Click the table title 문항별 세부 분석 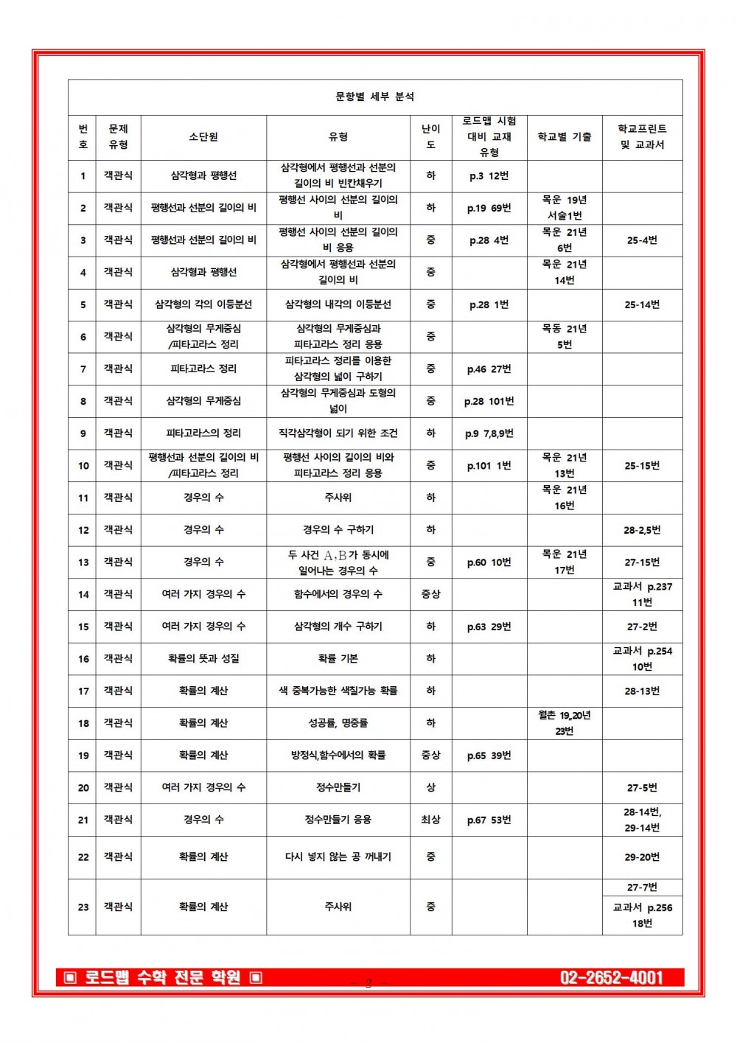tap(374, 97)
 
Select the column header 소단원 tap(203, 137)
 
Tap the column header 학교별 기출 tap(564, 137)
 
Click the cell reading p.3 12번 tap(489, 176)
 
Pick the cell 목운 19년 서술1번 tap(564, 208)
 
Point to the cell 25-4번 tap(642, 240)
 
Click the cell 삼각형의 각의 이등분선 tap(203, 304)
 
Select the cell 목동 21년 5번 tap(564, 337)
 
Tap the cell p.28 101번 tap(489, 401)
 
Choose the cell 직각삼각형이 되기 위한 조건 tap(338, 433)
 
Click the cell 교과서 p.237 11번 tap(642, 594)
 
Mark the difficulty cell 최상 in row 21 tap(430, 820)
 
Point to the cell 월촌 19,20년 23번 tap(564, 723)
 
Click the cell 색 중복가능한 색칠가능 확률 tap(338, 691)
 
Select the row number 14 tap(83, 594)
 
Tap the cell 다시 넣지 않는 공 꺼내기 tap(338, 857)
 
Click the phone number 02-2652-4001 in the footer tap(611, 977)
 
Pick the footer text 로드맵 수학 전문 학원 tap(163, 977)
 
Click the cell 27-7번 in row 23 tap(642, 887)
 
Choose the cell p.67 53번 tap(489, 820)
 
